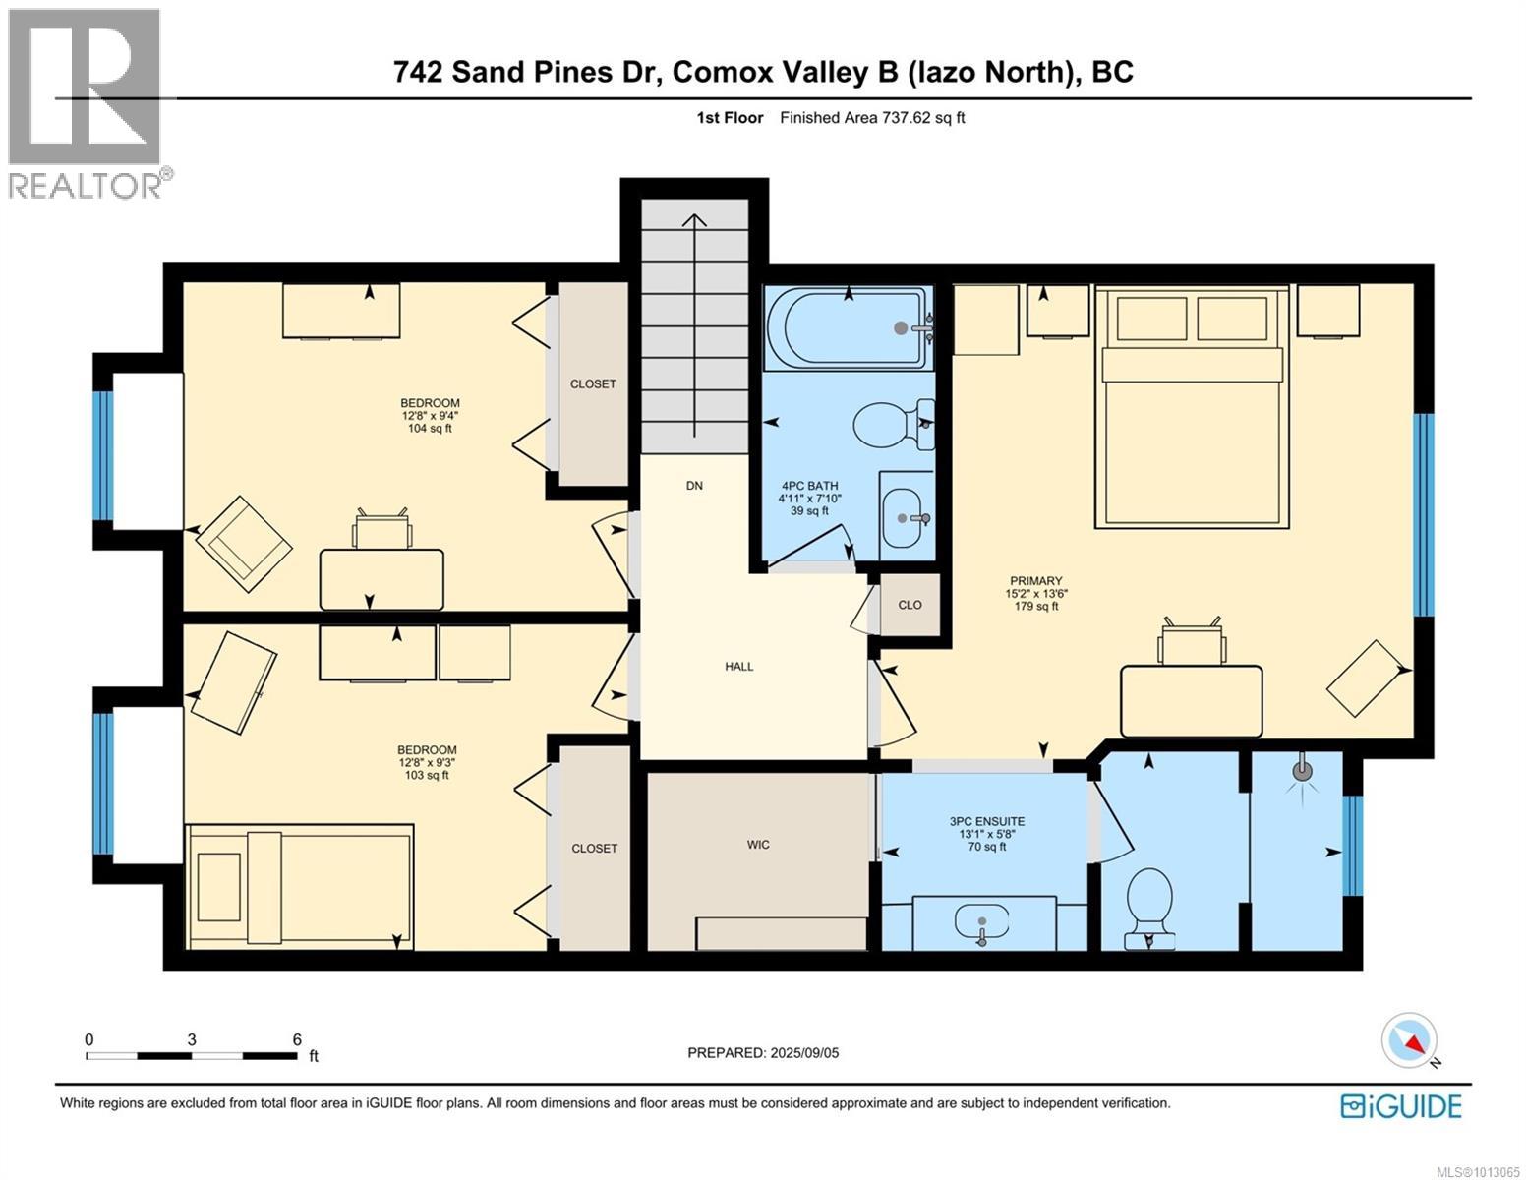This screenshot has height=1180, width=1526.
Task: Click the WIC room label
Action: click(758, 845)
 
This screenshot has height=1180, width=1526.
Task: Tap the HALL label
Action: click(738, 666)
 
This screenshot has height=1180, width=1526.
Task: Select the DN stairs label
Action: click(694, 486)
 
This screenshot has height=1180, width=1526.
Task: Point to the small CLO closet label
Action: click(910, 605)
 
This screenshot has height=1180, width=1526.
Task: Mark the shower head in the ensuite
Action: click(1302, 771)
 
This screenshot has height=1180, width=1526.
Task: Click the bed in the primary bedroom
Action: click(1192, 406)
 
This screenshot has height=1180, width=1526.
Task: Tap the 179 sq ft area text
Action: click(1035, 606)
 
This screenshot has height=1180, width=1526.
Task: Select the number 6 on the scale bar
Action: click(297, 1039)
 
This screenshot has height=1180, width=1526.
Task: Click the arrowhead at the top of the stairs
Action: click(694, 220)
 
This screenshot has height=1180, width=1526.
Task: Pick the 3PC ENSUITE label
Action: click(986, 821)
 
